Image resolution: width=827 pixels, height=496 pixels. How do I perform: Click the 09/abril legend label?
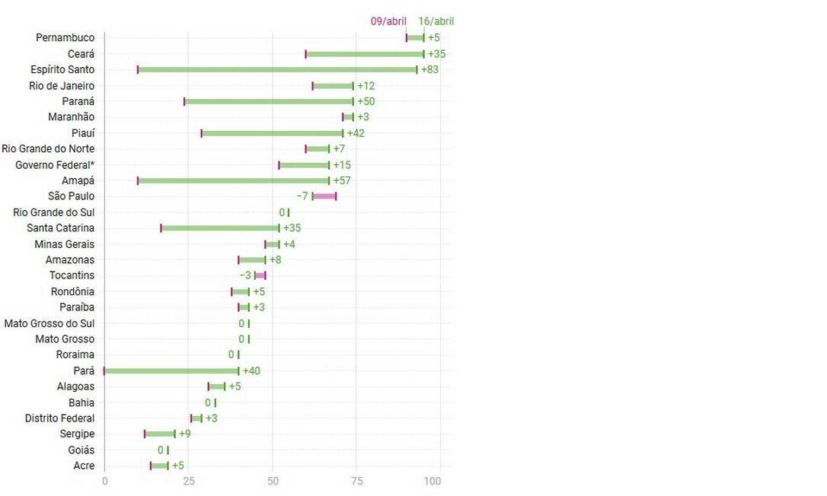(388, 21)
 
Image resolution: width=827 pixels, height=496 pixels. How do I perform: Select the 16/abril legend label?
(436, 21)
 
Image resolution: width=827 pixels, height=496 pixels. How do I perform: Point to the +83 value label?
(430, 70)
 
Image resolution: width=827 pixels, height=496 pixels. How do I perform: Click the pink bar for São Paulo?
(324, 196)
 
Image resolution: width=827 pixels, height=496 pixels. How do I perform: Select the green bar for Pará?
(171, 371)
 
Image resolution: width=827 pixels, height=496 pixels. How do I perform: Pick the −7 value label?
(302, 196)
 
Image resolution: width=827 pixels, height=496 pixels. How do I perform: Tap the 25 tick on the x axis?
(189, 481)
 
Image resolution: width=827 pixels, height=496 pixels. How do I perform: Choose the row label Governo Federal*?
(55, 165)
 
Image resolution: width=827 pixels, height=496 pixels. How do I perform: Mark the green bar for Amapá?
(234, 181)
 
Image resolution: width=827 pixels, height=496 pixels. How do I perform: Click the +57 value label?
(341, 181)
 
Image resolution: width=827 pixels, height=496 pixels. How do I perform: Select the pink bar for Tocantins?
(260, 275)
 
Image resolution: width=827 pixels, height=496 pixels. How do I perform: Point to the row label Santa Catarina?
(61, 228)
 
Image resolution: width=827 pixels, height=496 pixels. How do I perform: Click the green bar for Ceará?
(365, 54)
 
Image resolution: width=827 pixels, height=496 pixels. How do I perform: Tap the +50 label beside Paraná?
(366, 101)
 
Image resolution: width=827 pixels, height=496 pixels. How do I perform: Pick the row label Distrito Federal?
(60, 418)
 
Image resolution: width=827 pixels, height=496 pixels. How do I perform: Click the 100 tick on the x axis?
(433, 481)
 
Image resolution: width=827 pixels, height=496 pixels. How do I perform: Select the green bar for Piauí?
(273, 133)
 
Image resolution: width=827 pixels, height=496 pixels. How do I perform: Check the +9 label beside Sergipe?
(184, 434)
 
